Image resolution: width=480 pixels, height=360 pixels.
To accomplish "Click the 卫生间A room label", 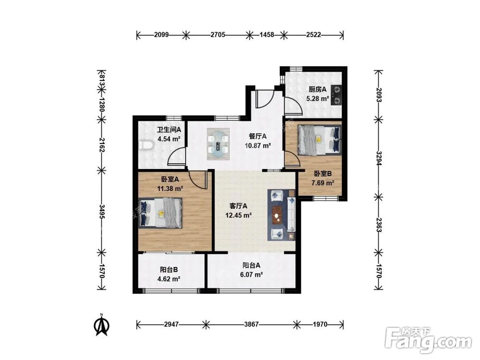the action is (169, 130).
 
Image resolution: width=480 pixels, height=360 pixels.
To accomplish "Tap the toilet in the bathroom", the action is (146, 145).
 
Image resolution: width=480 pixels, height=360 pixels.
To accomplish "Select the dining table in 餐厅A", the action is (218, 144).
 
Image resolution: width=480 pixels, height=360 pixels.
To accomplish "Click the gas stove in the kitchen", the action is (337, 95).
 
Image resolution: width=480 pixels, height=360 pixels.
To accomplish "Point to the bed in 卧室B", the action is (319, 139).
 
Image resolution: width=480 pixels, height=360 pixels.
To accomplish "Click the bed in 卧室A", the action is (160, 213).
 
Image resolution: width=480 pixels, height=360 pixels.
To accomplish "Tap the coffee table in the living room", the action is (278, 214).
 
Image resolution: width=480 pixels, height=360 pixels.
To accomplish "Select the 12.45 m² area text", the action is (239, 215).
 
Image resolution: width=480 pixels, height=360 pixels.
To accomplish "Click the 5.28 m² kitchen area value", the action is (317, 98).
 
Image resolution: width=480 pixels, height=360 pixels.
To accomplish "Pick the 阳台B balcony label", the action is (168, 270).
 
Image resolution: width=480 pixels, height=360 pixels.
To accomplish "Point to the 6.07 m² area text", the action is (252, 275).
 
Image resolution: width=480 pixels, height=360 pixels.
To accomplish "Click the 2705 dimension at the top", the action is (218, 35).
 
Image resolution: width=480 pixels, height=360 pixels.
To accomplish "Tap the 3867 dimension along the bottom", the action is (252, 324).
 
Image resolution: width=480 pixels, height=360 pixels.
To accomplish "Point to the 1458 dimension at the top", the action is (267, 35).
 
